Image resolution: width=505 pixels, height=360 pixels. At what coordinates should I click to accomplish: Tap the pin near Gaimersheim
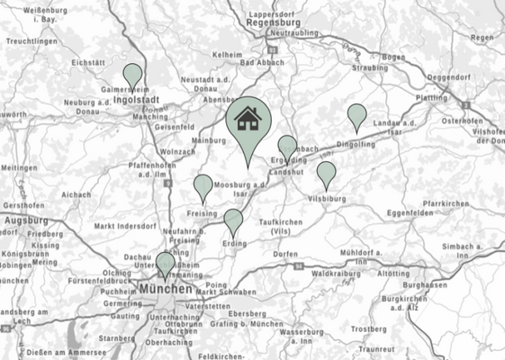point(133,75)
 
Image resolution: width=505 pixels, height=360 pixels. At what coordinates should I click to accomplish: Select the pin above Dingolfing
point(357,115)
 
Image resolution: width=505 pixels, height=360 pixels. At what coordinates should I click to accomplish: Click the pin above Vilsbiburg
point(326,173)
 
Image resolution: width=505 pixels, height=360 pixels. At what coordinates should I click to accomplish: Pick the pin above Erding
point(233,220)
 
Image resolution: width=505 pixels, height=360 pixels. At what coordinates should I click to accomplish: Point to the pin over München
point(165,264)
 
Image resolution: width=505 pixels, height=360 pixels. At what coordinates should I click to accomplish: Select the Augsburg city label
point(24,220)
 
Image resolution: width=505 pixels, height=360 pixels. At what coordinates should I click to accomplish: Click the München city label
point(166,290)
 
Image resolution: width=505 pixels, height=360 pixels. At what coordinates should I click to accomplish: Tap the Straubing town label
point(370,67)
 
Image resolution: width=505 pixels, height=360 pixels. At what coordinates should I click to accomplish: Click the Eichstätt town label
point(88,62)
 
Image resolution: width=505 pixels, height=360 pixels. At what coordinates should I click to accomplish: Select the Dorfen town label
point(286,255)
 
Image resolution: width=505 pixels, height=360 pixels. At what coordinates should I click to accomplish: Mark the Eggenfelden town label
point(410,212)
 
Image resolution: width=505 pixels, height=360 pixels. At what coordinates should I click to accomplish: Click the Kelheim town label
point(228,55)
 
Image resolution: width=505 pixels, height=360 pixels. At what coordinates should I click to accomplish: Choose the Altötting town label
point(392,272)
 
